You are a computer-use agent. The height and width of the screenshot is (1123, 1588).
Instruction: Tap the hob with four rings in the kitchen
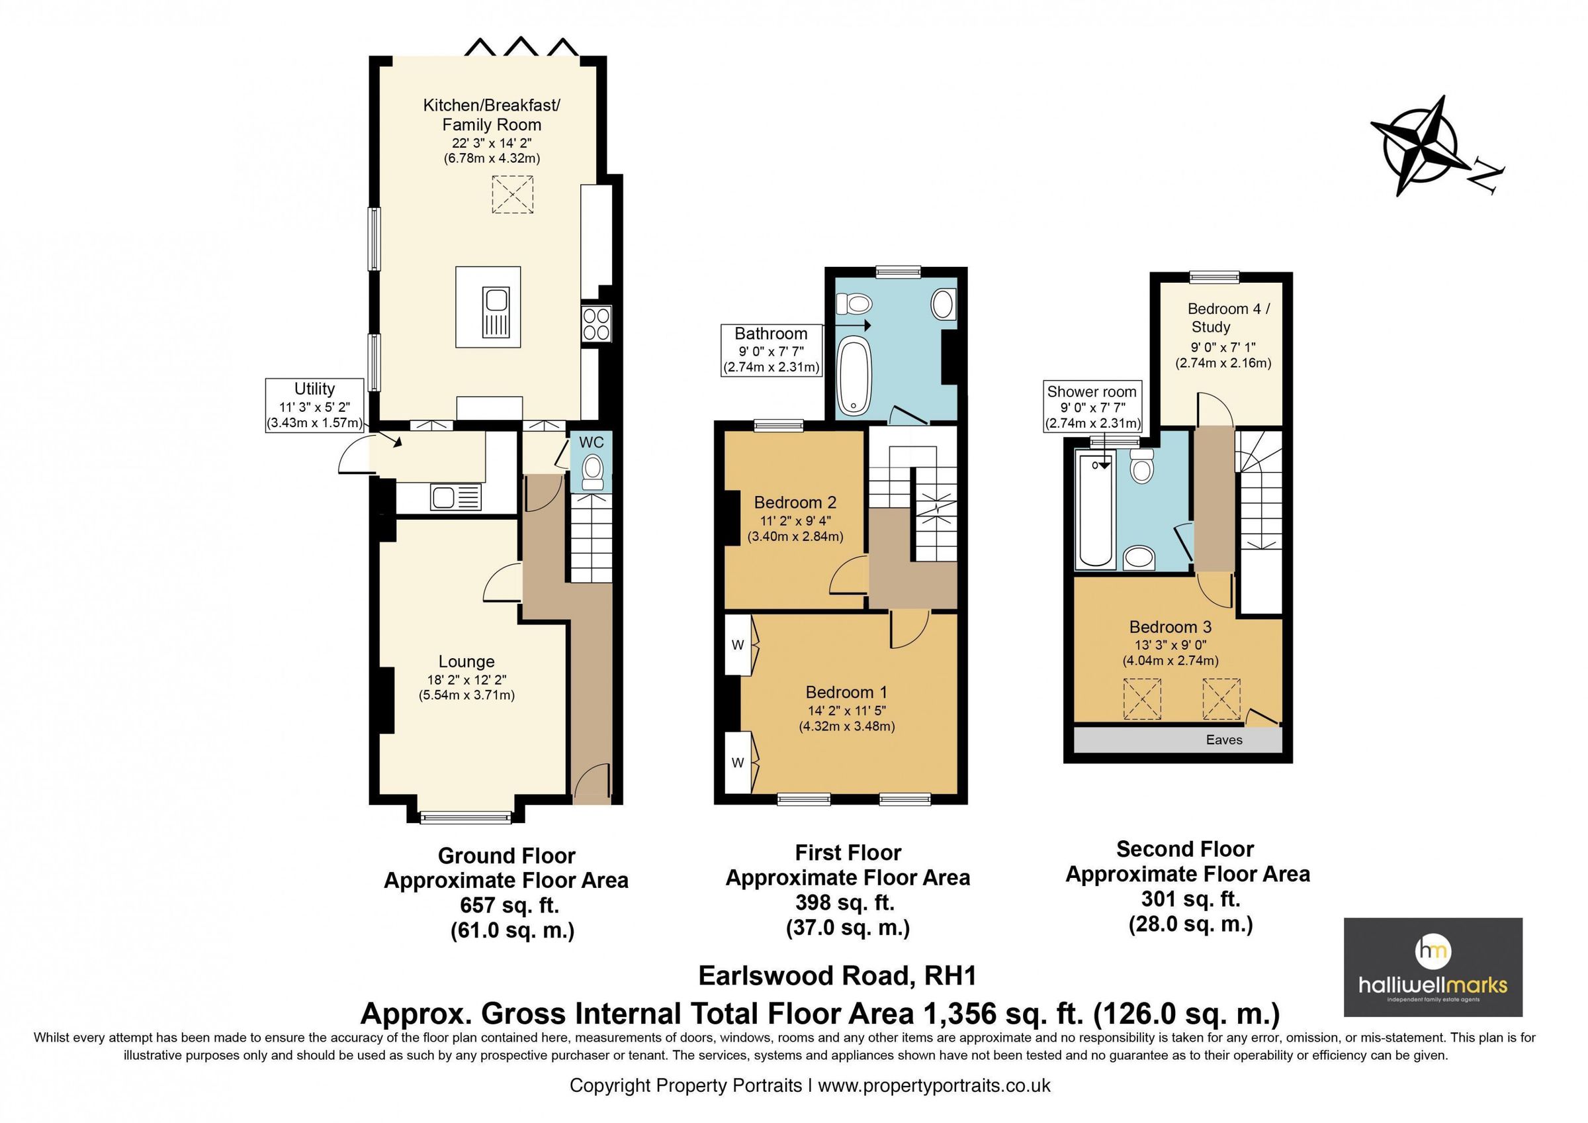596,324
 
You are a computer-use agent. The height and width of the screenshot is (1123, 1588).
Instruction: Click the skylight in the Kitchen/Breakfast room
513,195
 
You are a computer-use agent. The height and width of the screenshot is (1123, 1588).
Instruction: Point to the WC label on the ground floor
591,442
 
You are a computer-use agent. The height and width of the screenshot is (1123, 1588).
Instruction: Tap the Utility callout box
315,405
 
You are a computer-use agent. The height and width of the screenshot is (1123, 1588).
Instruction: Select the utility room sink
455,497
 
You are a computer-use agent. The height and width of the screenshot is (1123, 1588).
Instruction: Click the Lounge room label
466,661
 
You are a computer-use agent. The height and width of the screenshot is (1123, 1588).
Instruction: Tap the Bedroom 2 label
795,503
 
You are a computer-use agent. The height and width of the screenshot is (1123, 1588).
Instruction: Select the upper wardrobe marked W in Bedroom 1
738,646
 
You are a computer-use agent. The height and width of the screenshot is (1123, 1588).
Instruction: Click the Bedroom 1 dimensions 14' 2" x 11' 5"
846,710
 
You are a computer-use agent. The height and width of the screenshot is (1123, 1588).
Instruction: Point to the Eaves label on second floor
1223,740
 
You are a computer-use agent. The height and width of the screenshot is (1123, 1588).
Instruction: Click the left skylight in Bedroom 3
1142,699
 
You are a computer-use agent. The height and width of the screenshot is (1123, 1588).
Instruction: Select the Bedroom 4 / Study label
1227,318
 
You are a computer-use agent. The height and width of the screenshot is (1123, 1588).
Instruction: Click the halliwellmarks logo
1433,967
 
